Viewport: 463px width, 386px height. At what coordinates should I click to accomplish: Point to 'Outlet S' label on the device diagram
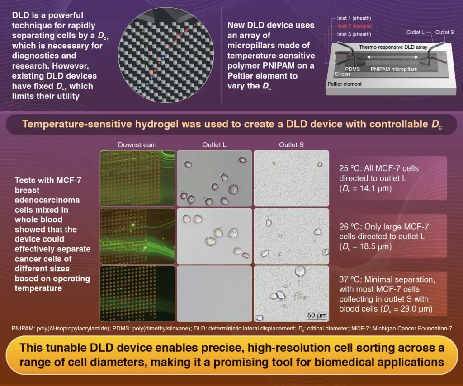(445, 32)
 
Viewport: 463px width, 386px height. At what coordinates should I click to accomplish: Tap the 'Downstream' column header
(137, 145)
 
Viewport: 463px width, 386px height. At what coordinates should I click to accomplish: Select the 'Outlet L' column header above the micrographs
(213, 145)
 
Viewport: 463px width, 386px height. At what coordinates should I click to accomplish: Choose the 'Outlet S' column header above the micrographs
(291, 145)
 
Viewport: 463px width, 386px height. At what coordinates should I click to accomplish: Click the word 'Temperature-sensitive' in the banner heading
(68, 124)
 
